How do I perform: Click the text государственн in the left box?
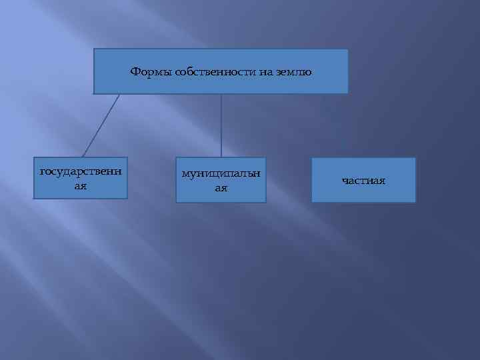point(81,172)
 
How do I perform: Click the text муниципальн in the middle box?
point(221,174)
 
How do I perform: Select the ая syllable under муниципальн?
point(221,189)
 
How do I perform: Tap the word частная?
point(363,181)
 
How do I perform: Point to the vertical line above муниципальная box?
point(221,125)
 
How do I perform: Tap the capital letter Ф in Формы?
point(134,71)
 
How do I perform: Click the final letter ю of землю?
point(308,71)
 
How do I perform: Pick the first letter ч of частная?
point(345,181)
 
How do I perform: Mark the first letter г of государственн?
point(43,172)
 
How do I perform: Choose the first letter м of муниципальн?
point(185,174)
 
